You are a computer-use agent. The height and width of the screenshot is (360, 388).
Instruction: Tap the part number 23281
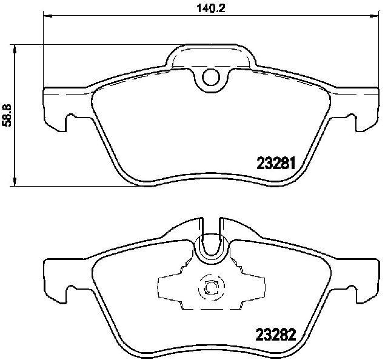[276, 164]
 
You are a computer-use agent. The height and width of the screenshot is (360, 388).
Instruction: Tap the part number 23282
[276, 335]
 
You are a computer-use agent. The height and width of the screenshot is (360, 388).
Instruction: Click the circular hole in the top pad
[211, 77]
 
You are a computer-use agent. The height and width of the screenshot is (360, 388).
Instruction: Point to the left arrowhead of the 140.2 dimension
[48, 16]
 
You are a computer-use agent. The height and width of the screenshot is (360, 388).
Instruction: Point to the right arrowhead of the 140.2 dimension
[375, 16]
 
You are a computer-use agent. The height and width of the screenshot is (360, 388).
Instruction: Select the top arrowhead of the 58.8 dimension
[15, 49]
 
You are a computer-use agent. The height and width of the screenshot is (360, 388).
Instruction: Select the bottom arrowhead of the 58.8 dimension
[15, 182]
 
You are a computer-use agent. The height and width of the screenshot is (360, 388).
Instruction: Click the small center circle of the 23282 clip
[211, 288]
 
